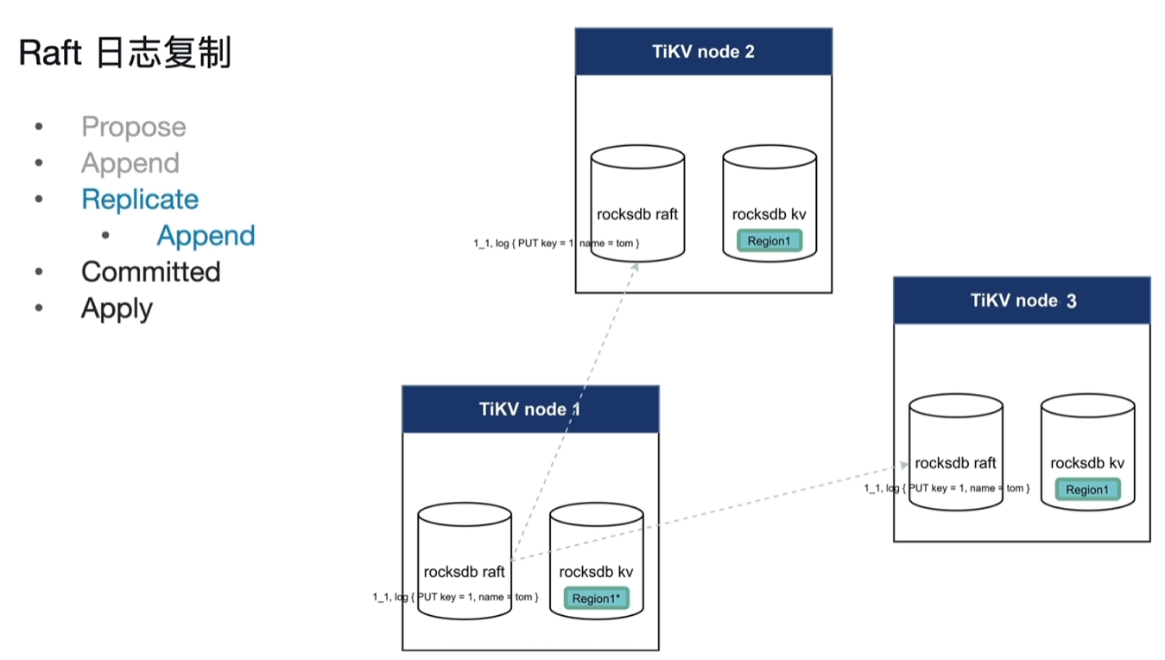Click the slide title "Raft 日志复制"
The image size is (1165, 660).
click(125, 54)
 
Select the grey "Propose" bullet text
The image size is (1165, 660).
click(134, 127)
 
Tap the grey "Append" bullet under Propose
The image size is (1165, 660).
click(130, 163)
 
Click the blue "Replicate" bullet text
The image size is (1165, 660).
click(140, 200)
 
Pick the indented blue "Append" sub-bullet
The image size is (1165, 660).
click(206, 236)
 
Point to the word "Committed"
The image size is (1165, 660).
click(150, 272)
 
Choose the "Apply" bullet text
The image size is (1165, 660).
click(117, 308)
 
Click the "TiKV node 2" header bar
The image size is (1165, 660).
click(703, 52)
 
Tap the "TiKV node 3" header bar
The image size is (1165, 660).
click(1022, 301)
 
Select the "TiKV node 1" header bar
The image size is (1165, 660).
click(529, 409)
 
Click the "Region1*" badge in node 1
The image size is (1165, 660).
click(596, 599)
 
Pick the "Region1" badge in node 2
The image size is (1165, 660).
click(769, 241)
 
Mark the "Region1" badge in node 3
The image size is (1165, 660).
click(1086, 490)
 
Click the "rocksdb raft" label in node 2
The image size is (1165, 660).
click(637, 214)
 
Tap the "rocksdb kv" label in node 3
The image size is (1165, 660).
click(1087, 463)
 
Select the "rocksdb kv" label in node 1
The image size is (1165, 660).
click(596, 572)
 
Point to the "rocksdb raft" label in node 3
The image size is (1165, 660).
click(955, 463)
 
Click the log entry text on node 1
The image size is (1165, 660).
click(455, 597)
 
